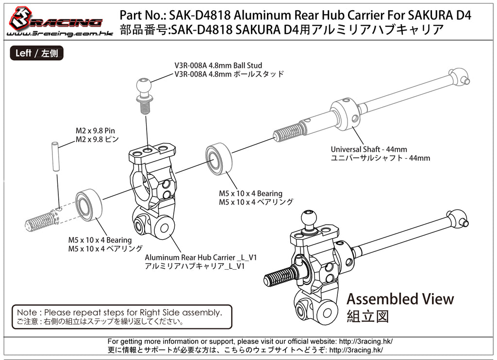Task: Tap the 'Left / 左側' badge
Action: click(x=36, y=53)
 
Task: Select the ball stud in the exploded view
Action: click(x=145, y=95)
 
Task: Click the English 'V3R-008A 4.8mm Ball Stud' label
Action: click(x=218, y=65)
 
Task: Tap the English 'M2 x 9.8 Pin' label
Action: click(x=95, y=131)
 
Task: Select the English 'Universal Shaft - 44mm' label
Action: click(x=369, y=149)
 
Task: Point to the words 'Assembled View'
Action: click(x=400, y=299)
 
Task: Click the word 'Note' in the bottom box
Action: click(x=26, y=312)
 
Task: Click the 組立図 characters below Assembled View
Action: click(x=368, y=317)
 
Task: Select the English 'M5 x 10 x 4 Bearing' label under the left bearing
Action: click(x=99, y=240)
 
